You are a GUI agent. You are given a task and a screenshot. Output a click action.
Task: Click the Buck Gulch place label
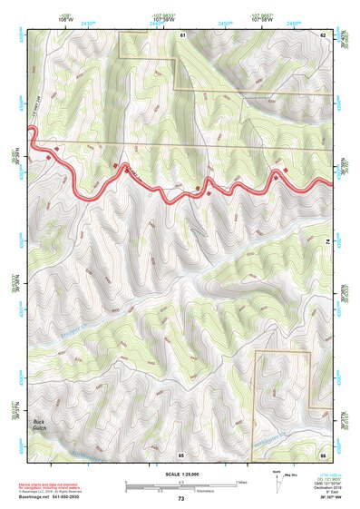coord(39,425)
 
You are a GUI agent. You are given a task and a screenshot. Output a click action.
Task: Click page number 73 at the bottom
coord(180,499)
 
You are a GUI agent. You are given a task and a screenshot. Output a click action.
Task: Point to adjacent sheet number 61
coord(182,34)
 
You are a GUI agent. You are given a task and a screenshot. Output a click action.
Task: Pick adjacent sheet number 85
coord(181,454)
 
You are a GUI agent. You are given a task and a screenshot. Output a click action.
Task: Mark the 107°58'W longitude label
coord(262,18)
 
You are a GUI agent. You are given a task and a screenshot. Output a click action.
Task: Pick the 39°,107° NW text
coord(334,499)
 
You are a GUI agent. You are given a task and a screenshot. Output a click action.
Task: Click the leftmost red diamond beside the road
coord(57,147)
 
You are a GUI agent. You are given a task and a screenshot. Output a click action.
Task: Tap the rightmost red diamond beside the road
coord(287,170)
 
